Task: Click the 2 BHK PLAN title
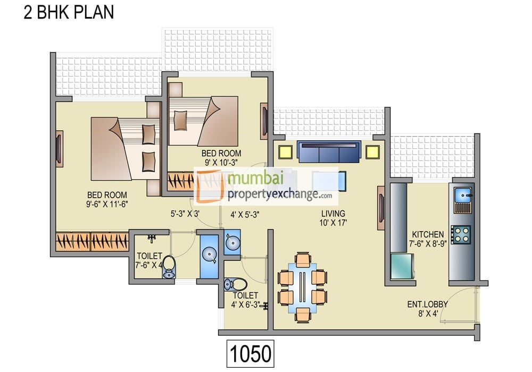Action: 69,12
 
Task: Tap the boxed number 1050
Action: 251,354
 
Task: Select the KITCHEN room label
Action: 428,234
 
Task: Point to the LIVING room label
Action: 333,214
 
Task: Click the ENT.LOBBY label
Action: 428,304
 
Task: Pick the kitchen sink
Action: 462,195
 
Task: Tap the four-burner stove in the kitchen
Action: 461,235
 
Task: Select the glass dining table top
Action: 302,288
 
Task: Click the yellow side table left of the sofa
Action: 285,152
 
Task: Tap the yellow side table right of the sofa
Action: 372,152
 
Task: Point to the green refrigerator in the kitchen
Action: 402,266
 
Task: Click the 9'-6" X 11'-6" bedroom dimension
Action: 107,204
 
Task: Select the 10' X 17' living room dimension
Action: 333,223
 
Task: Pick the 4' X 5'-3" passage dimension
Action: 245,215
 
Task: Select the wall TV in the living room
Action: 381,208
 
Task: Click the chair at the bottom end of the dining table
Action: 303,315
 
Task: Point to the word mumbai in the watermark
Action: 256,178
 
